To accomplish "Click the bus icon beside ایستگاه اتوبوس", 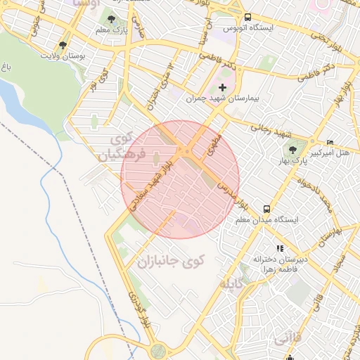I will (x=247, y=18).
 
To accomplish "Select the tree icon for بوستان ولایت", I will (x=63, y=45).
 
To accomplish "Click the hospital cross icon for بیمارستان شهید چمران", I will (x=223, y=88).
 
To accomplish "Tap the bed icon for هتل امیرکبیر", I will (x=330, y=143).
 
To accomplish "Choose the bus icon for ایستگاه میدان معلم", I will (x=266, y=209).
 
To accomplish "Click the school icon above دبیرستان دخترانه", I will (x=280, y=248).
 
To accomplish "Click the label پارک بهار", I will (x=292, y=161).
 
